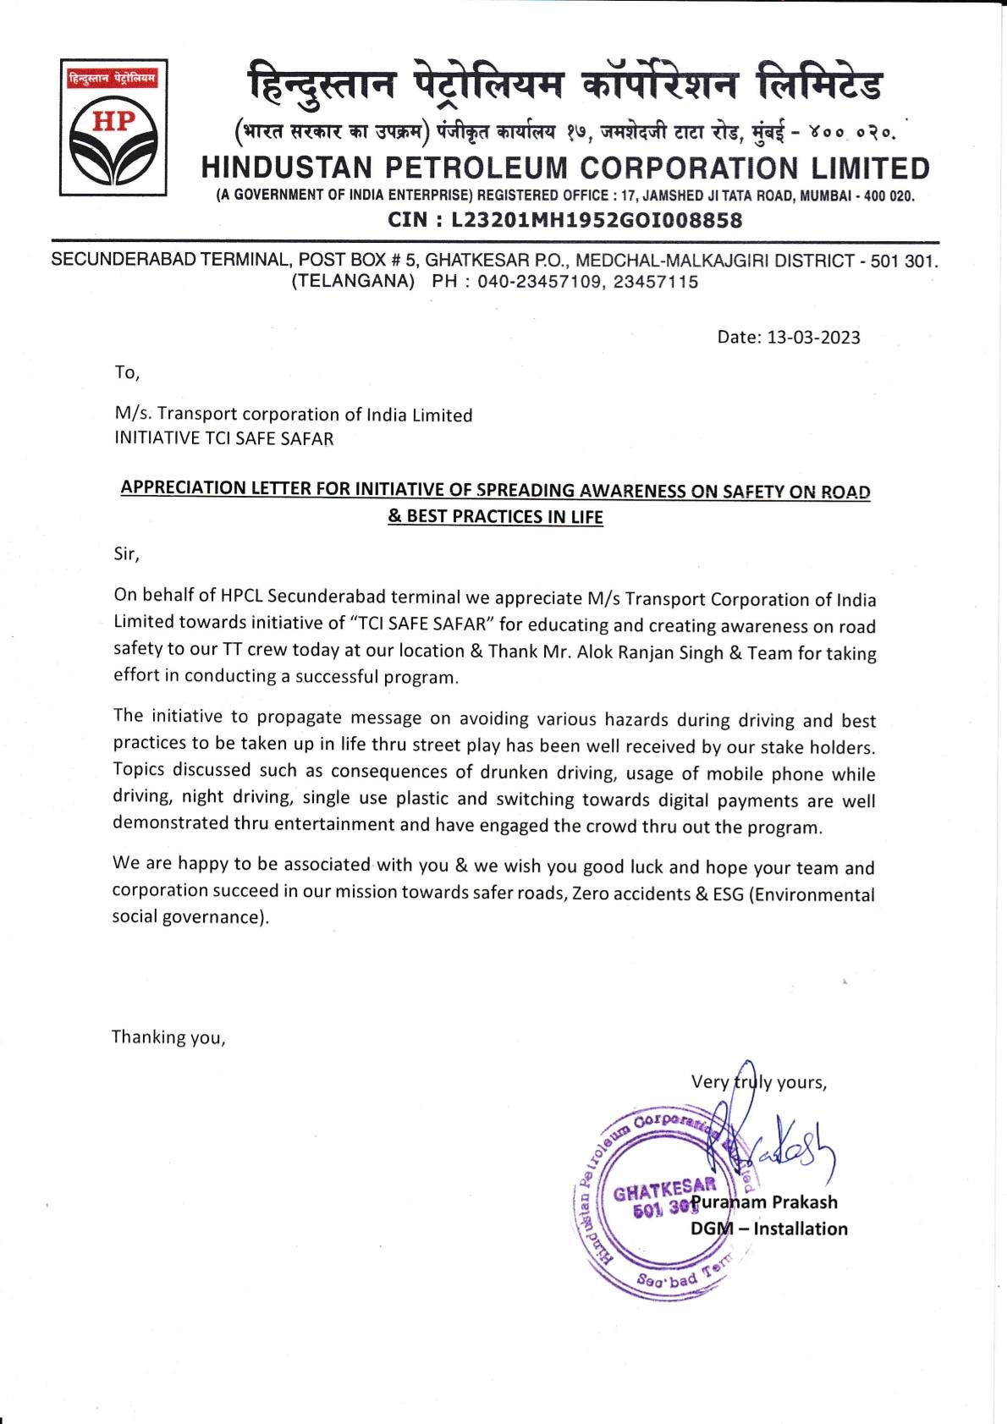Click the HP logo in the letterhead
coord(113,128)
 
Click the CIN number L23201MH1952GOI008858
coord(597,221)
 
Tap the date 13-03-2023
coord(813,338)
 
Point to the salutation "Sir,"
coord(126,554)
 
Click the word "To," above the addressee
coord(127,372)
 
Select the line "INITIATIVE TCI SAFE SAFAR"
coord(224,439)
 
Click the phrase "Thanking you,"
coord(168,1037)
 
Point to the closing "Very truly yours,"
coord(758,1082)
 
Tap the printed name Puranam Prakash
coord(765,1202)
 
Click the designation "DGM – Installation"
coord(768,1229)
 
